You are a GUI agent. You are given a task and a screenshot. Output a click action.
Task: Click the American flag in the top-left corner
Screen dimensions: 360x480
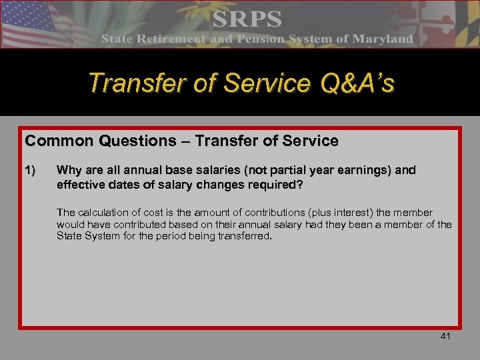click(33, 23)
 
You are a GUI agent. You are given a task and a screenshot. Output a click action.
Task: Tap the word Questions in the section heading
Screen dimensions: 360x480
click(126, 141)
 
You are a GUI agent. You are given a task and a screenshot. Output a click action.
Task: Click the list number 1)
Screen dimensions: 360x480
click(31, 170)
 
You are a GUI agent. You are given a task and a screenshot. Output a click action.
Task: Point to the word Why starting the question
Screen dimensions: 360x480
click(69, 170)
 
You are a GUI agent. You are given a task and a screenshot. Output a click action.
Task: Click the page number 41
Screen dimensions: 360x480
click(445, 337)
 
